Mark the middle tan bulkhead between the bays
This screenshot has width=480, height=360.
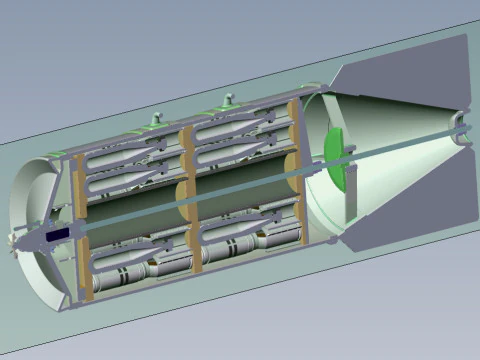pyautogui.click(x=186, y=190)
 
